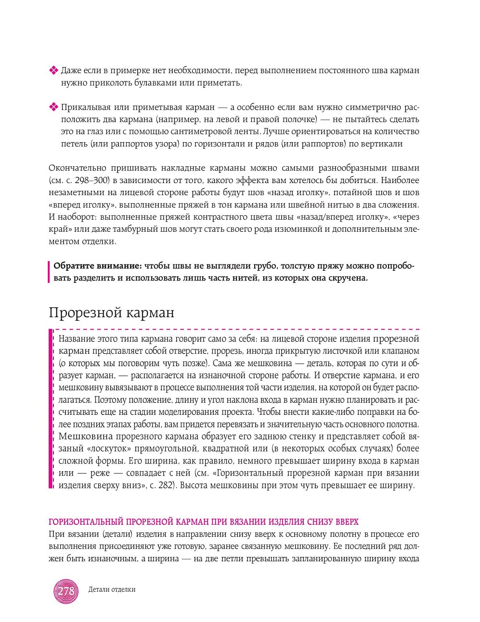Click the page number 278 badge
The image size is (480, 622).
click(66, 591)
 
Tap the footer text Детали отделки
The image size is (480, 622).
click(112, 589)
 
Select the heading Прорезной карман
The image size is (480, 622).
click(111, 312)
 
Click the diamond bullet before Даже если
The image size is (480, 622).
click(53, 71)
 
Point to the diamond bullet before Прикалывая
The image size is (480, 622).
click(53, 107)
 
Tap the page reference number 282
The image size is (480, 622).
click(165, 485)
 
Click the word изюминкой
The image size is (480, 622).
click(297, 229)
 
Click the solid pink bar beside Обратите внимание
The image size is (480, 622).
click(49, 272)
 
